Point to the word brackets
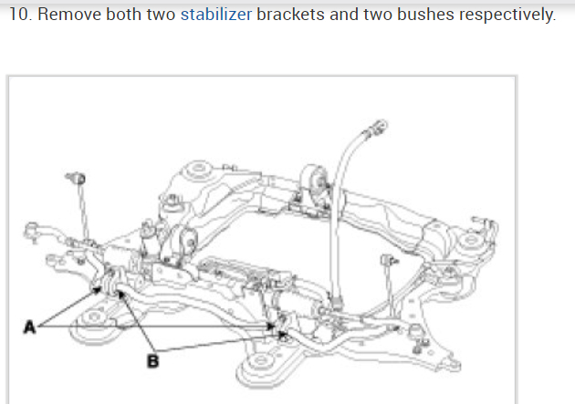click(x=287, y=16)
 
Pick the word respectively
click(x=507, y=16)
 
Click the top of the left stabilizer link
click(x=76, y=174)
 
